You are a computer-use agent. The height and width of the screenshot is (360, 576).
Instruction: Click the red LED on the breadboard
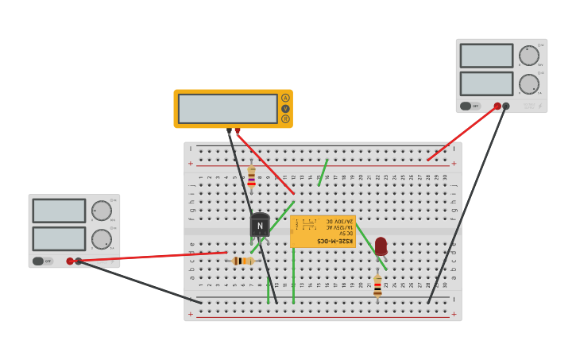point(381,246)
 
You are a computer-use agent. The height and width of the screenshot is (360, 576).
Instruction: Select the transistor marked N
point(260,225)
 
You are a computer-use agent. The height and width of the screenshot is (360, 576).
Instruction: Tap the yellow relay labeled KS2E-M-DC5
point(323,231)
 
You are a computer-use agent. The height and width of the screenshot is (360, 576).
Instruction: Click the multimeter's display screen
point(227,109)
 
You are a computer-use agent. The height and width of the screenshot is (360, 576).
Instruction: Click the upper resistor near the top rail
point(252,178)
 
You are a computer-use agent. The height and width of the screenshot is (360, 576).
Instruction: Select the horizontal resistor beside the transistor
point(242,261)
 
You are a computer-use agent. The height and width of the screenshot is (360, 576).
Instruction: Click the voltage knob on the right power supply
point(528,56)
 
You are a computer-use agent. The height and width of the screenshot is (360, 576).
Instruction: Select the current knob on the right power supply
point(528,84)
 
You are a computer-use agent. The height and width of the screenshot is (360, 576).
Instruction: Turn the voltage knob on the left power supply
point(101,211)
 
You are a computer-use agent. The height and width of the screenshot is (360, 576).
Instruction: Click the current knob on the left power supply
point(101,239)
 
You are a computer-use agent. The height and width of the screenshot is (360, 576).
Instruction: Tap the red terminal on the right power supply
point(497,106)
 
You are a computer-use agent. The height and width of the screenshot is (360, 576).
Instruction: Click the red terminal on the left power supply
point(70,261)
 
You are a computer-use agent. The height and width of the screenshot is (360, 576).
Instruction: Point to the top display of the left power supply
point(59,211)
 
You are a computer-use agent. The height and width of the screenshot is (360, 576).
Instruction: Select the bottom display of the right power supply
point(486,83)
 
